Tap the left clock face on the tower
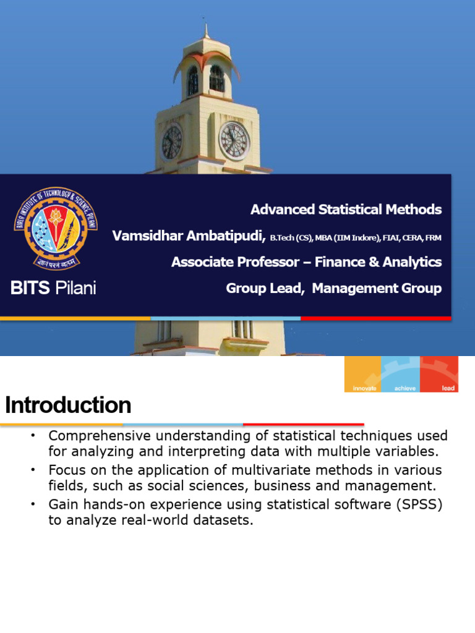pos(172,142)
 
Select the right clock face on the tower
pos(234,140)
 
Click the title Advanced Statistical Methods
pos(346,210)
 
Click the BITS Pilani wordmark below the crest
pos(54,287)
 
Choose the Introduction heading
pos(68,406)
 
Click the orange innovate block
pos(362,374)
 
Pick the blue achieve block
pos(400,374)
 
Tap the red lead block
pos(439,374)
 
